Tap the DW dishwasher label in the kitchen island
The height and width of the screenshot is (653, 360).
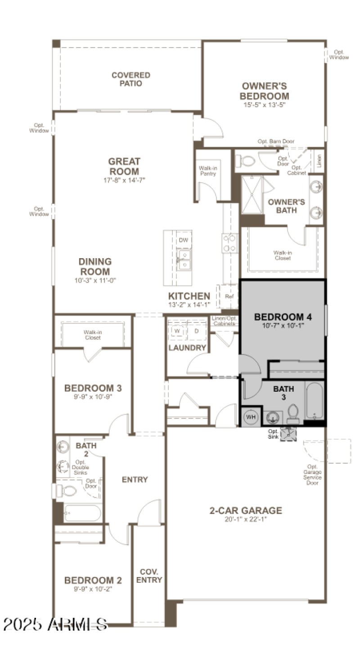[x=183, y=240]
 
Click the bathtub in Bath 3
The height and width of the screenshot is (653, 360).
[x=315, y=400]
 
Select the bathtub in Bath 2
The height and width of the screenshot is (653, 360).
[x=82, y=513]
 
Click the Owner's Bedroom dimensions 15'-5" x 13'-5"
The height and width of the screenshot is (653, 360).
[x=264, y=104]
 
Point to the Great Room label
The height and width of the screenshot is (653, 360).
[x=124, y=166]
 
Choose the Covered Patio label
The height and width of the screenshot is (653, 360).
[x=131, y=79]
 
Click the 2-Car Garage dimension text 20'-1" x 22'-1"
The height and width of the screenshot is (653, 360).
[x=246, y=519]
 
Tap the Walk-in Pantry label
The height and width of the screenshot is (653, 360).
[x=208, y=171]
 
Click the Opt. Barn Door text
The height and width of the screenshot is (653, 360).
[x=276, y=141]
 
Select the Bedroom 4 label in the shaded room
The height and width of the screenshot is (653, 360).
[x=283, y=316]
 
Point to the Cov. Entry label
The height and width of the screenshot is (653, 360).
[x=149, y=576]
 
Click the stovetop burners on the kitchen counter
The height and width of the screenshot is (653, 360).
[x=229, y=243]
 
